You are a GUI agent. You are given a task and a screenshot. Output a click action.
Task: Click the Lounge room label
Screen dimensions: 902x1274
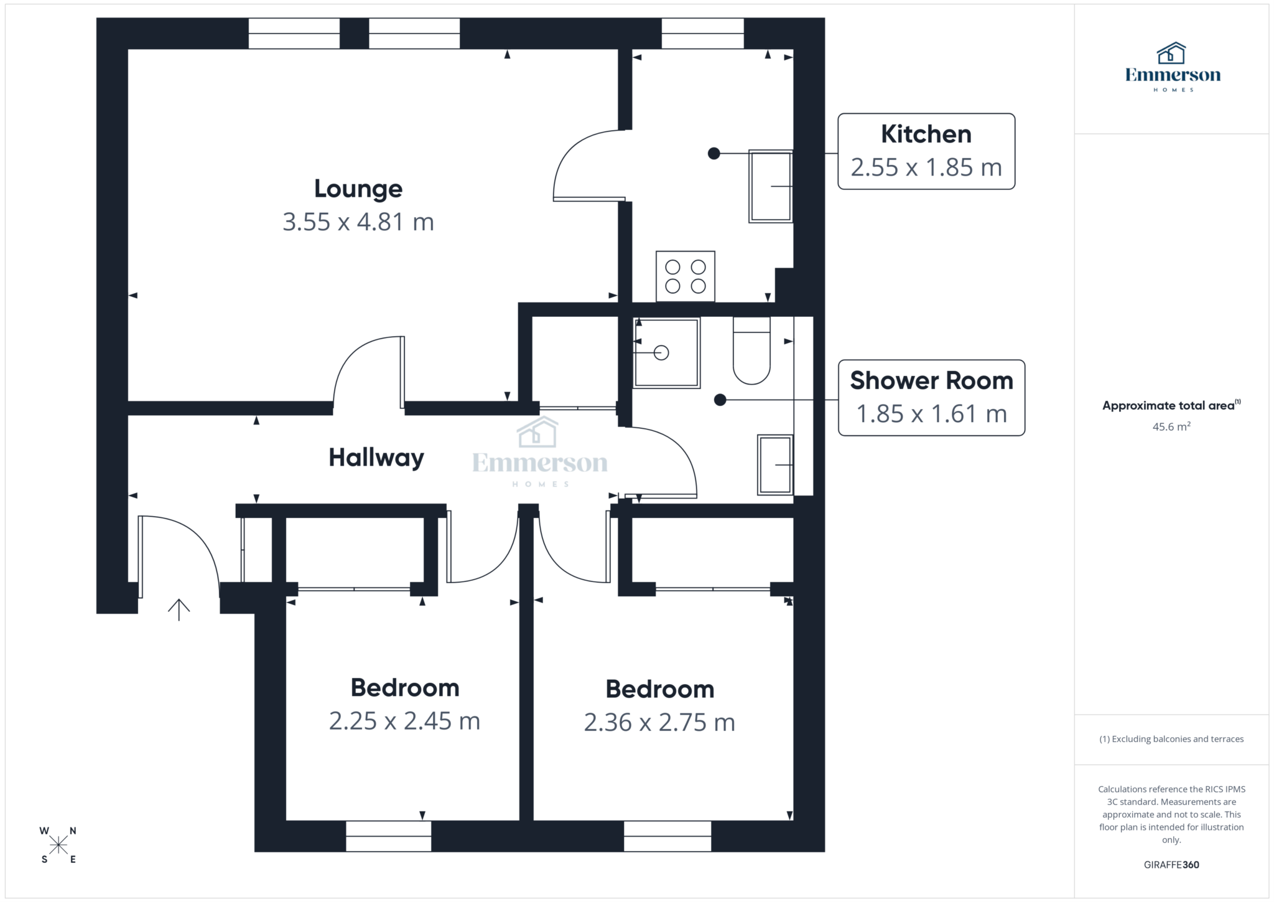pos(358,189)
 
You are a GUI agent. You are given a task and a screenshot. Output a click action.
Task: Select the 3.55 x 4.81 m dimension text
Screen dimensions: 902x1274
pos(358,222)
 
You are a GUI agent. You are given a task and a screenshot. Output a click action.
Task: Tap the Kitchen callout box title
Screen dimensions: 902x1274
pos(926,134)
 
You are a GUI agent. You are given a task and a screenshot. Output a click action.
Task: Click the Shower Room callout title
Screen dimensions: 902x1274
pos(931,380)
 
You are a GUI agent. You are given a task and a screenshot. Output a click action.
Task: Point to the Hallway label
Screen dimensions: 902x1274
pos(376,458)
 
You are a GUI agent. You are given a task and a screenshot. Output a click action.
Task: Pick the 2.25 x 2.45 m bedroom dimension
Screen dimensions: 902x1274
pos(404,721)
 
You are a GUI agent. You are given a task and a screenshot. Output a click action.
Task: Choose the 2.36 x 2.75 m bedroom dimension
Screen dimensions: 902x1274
pos(659,723)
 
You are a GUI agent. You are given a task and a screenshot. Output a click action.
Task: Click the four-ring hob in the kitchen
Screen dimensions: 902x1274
pos(685,276)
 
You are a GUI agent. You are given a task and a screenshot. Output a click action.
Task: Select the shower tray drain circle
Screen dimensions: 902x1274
pos(661,353)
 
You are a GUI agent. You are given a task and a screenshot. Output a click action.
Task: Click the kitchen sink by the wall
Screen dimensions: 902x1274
pos(770,186)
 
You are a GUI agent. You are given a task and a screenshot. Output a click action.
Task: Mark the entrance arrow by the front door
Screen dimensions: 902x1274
pos(179,609)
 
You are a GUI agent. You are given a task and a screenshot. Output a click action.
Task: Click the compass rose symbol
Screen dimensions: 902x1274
pos(58,845)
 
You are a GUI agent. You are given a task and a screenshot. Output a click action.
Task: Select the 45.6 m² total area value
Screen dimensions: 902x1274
pos(1171,427)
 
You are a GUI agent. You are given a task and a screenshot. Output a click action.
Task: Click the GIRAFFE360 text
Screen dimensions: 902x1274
pos(1171,865)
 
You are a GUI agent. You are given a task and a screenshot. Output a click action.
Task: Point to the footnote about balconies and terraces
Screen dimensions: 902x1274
pos(1171,739)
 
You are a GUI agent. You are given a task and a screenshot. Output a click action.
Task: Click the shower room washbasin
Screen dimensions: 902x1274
pos(774,464)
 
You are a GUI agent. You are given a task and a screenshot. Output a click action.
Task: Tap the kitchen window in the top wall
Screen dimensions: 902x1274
pos(702,34)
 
